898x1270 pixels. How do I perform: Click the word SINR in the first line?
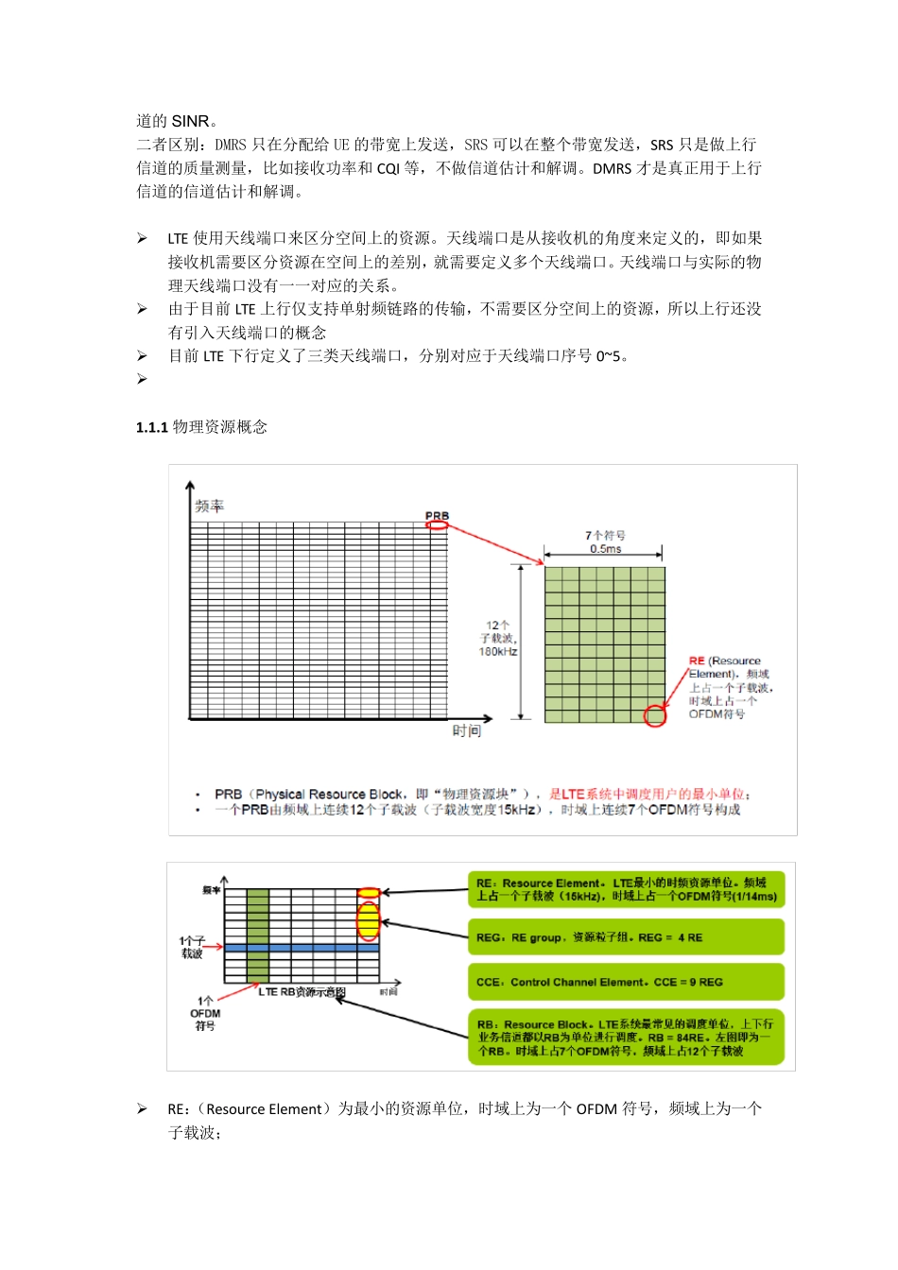pyautogui.click(x=190, y=121)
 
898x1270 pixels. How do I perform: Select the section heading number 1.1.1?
pyautogui.click(x=151, y=427)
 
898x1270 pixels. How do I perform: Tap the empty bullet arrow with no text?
pyautogui.click(x=142, y=379)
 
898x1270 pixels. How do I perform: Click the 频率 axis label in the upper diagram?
pyautogui.click(x=209, y=506)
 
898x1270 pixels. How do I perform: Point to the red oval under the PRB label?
pyautogui.click(x=437, y=525)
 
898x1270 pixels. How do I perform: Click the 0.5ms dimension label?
pyautogui.click(x=605, y=549)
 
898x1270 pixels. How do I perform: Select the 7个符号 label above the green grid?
pyautogui.click(x=605, y=535)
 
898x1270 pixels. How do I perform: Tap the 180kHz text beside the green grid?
pyautogui.click(x=498, y=652)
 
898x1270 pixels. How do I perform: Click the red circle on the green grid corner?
pyautogui.click(x=654, y=715)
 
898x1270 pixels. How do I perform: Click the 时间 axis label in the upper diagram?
pyautogui.click(x=466, y=730)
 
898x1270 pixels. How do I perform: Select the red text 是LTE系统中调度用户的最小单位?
pyautogui.click(x=649, y=794)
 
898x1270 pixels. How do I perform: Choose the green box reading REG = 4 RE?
pyautogui.click(x=626, y=937)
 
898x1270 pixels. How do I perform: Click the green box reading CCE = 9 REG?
pyautogui.click(x=626, y=982)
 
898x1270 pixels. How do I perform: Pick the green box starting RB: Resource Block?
pyautogui.click(x=626, y=1038)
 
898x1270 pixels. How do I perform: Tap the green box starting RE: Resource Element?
pyautogui.click(x=626, y=889)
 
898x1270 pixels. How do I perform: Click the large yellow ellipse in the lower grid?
pyautogui.click(x=368, y=920)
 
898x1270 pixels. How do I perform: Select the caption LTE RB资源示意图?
pyautogui.click(x=302, y=992)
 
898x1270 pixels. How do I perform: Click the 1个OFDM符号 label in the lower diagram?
pyautogui.click(x=205, y=1013)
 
